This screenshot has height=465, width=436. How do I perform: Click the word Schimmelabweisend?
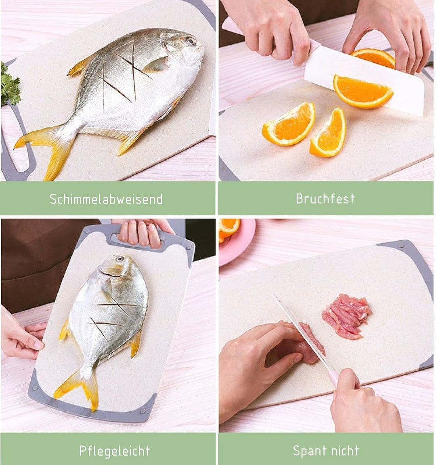106,199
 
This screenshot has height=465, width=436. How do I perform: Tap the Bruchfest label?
325,198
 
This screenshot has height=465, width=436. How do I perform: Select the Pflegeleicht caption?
114,450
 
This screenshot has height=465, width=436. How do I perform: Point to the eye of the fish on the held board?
119,259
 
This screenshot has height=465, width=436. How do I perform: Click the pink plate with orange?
238,238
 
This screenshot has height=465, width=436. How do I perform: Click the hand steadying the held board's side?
22,335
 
